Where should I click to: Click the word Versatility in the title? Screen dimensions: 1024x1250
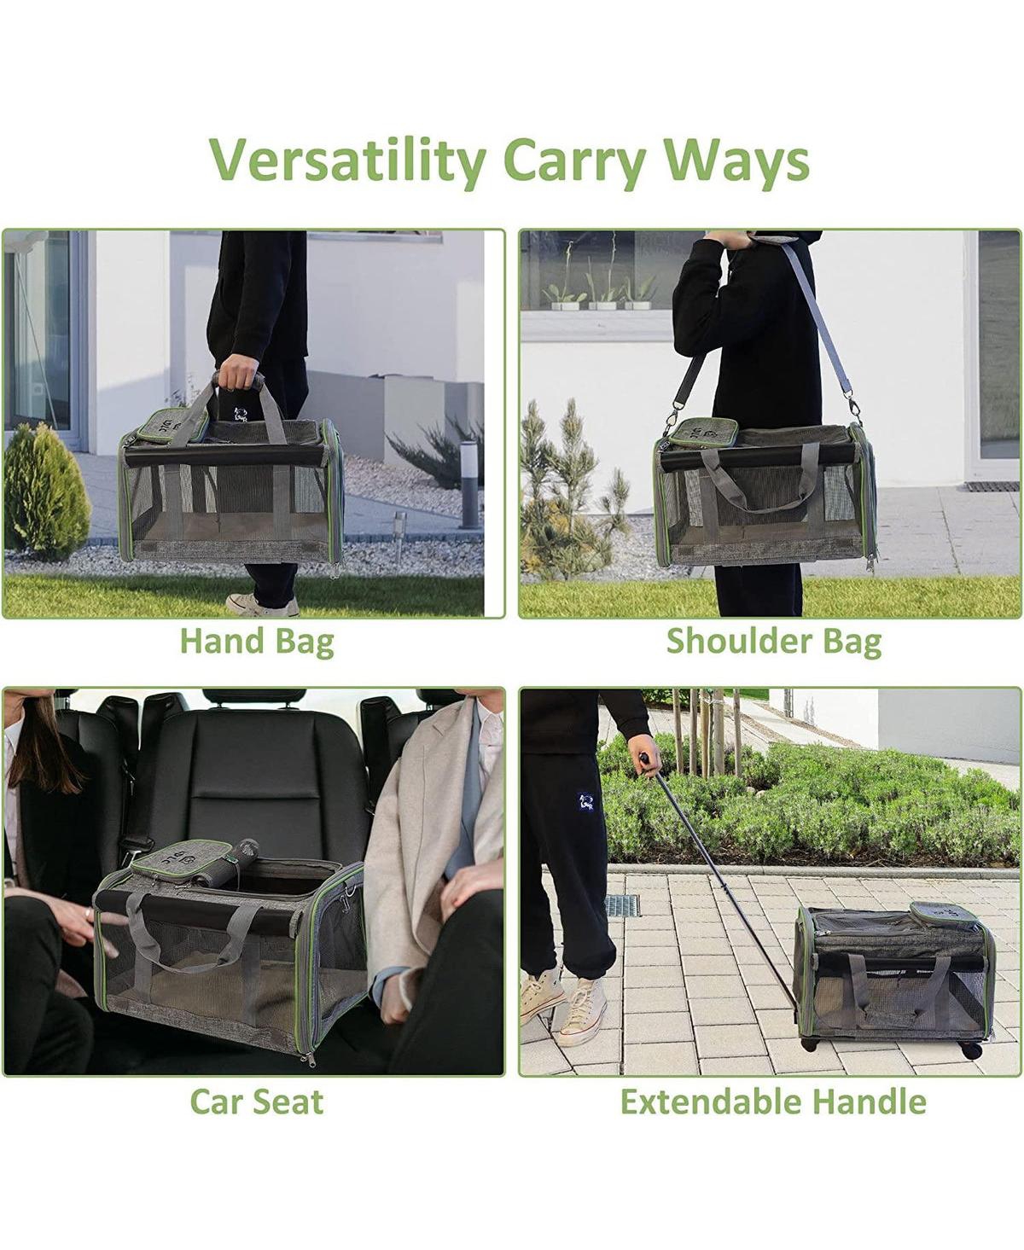(x=348, y=161)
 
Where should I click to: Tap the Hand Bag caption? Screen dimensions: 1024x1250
(x=258, y=642)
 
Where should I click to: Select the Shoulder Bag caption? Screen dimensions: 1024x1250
(x=774, y=642)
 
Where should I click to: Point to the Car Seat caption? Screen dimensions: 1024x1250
(x=257, y=1102)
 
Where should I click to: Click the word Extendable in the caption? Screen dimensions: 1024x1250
(x=711, y=1102)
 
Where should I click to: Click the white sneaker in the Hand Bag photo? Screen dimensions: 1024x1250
(x=262, y=605)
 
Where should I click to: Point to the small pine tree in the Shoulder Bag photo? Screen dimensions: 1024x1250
(x=573, y=486)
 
